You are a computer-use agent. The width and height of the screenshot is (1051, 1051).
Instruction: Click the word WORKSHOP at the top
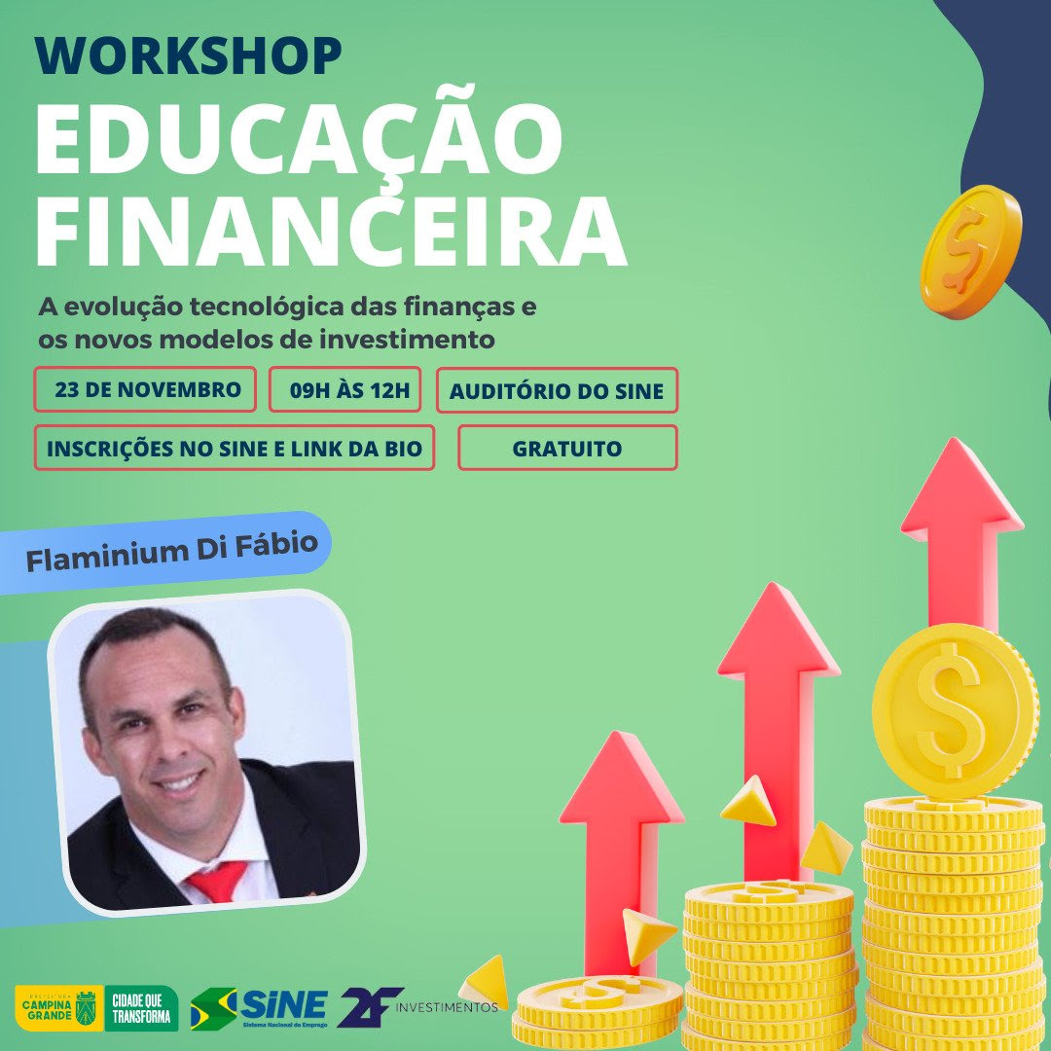pos(189,55)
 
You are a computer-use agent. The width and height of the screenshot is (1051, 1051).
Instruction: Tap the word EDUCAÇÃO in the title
pos(299,134)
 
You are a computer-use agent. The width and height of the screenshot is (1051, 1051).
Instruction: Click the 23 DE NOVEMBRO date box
pos(145,389)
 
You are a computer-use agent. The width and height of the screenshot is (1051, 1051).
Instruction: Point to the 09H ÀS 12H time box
pos(345,389)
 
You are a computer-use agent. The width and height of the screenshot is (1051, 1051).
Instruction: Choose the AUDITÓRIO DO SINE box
pos(557,390)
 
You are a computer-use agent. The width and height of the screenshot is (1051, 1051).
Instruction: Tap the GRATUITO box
pos(567,448)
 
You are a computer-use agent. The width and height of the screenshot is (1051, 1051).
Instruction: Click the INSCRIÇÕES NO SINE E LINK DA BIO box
pos(234,448)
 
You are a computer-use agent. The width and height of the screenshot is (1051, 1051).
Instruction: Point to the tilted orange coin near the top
pos(971,249)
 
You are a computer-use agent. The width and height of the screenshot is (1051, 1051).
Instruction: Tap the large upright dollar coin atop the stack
pos(956,711)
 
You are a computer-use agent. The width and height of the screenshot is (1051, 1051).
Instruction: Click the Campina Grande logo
pos(59,1007)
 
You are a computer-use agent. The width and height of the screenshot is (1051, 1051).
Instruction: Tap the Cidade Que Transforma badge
pos(141,1007)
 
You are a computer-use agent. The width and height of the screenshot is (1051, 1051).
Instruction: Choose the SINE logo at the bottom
pos(260,1008)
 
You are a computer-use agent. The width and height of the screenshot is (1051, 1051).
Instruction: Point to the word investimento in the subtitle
pos(406,340)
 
